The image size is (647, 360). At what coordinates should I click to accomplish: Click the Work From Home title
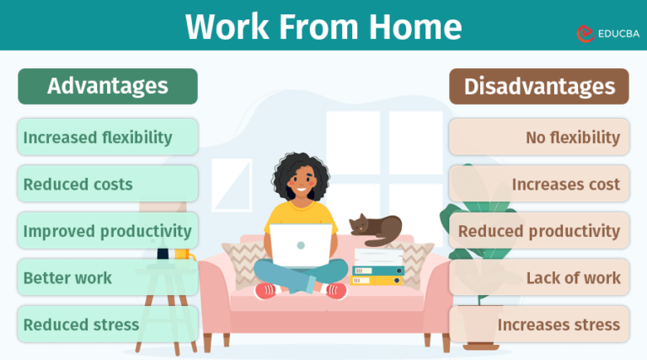click(x=323, y=26)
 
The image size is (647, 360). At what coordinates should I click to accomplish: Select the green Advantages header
click(x=108, y=86)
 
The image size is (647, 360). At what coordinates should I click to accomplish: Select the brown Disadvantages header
click(x=539, y=86)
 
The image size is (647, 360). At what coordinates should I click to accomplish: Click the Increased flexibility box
click(x=108, y=137)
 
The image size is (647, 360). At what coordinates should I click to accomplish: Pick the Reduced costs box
click(x=108, y=184)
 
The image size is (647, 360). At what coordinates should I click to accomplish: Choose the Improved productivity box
click(x=108, y=230)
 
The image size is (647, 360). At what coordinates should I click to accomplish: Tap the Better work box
click(x=108, y=277)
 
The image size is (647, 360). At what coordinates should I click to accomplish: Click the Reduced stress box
click(x=108, y=324)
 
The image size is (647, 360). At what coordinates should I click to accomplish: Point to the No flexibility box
click(x=539, y=137)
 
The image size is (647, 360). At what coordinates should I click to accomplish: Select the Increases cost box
click(x=539, y=184)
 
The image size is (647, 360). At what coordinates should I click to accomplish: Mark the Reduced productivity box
click(x=539, y=230)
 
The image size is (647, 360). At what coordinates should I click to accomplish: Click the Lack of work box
click(x=539, y=277)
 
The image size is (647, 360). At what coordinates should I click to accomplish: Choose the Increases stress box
click(x=539, y=324)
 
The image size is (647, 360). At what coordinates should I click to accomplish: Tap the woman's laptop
click(x=301, y=245)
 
